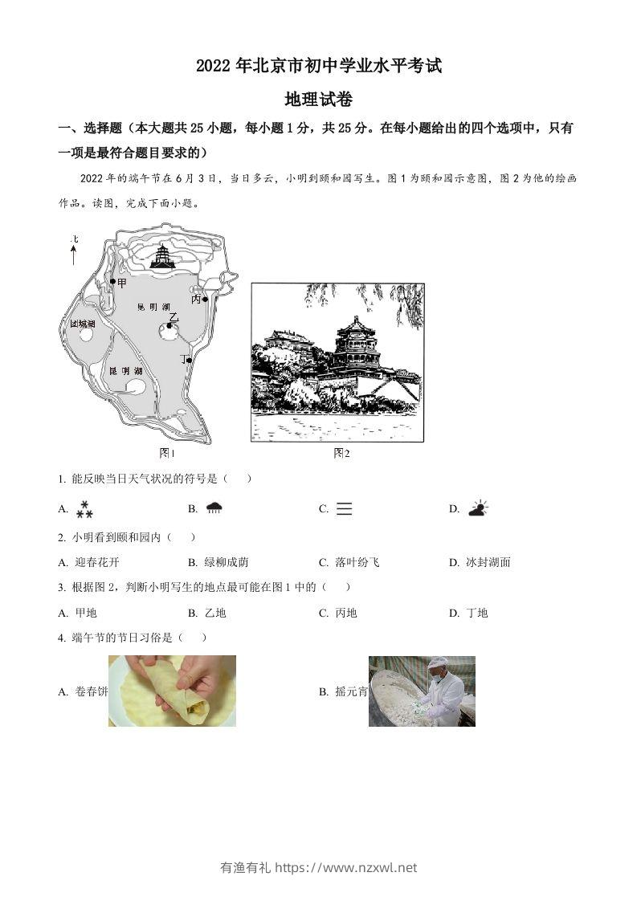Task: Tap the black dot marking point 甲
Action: tap(112, 282)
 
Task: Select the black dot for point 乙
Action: tap(170, 325)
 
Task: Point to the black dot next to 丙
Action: tap(206, 300)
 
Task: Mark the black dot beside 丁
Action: tap(190, 361)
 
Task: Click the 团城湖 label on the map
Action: tap(83, 324)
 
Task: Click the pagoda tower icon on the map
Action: tap(163, 257)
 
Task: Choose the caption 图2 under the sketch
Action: tap(341, 453)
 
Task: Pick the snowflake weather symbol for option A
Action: tap(84, 508)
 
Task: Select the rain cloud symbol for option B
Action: tap(214, 508)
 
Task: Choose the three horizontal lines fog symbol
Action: tap(345, 508)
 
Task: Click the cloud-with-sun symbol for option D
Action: tap(478, 508)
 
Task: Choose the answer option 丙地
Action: tap(345, 613)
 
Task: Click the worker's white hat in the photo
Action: tap(437, 663)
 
